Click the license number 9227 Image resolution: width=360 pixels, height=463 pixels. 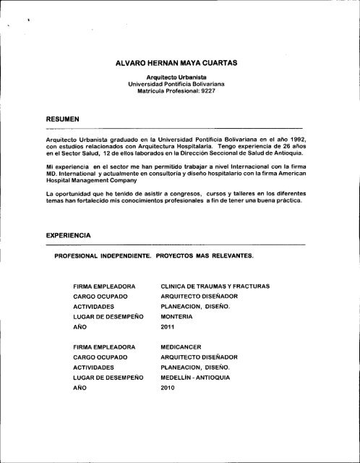pos(194,94)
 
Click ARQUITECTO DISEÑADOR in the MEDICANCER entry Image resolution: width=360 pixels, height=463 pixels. pos(202,357)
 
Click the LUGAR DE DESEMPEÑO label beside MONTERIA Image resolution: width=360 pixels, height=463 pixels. pos(108,317)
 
